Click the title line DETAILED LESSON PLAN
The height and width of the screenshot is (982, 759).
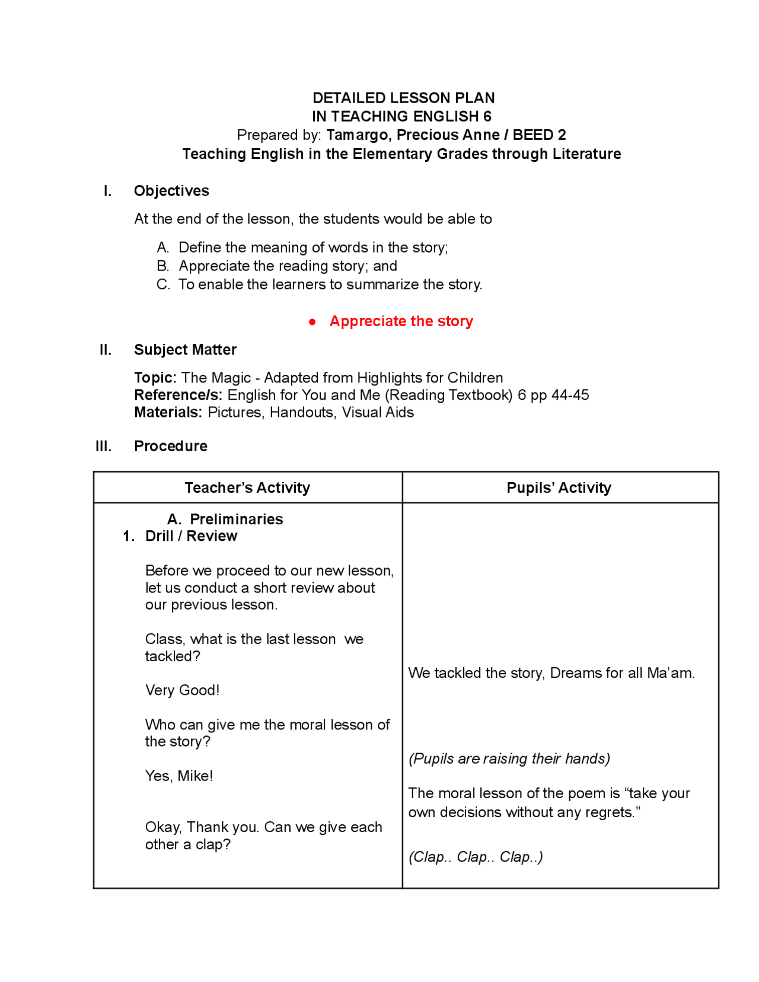403,98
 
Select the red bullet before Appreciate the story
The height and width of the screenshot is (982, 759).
312,322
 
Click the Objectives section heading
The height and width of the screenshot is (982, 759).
171,191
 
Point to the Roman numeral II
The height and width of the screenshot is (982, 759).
106,350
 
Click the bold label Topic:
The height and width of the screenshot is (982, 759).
155,378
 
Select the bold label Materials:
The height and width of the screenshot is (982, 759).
168,412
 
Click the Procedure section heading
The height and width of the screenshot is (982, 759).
171,446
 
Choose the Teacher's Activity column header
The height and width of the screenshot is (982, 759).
247,487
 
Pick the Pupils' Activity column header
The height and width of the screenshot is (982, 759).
559,487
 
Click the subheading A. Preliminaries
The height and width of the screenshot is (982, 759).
225,519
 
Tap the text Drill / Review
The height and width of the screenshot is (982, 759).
191,536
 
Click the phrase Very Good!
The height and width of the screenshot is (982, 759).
182,690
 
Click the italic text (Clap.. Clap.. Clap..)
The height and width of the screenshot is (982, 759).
476,857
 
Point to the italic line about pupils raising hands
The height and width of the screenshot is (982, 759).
509,758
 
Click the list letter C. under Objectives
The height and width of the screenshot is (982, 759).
163,285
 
